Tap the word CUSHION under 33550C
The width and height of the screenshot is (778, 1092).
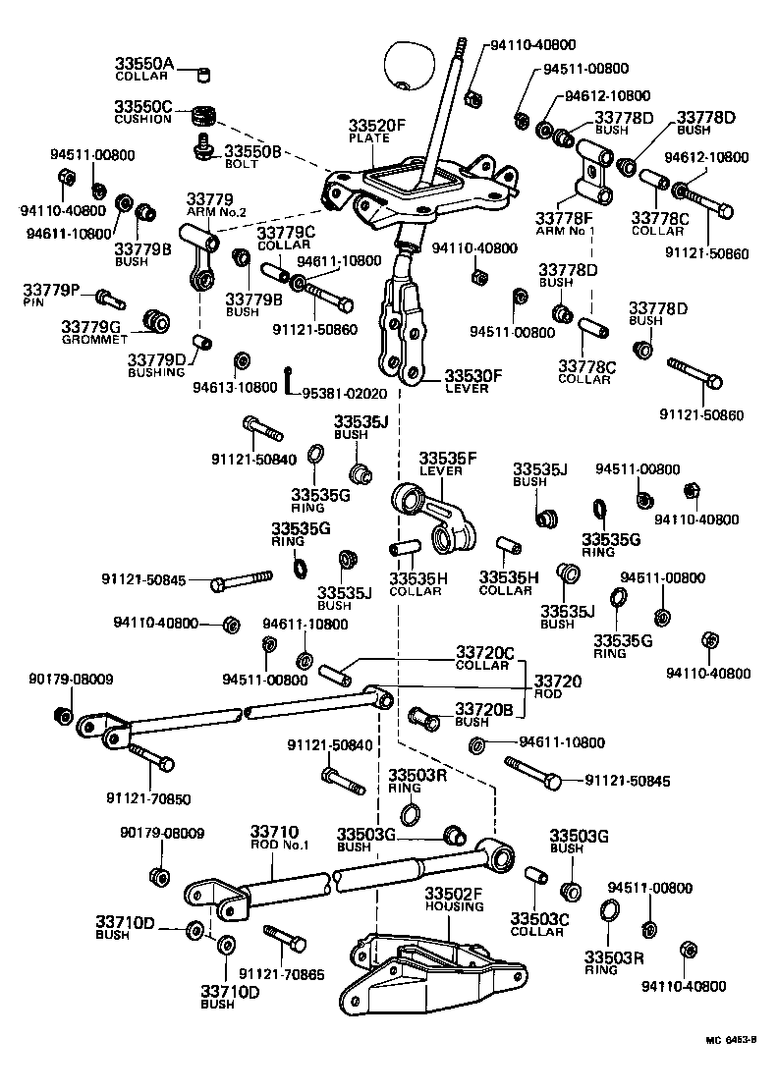pyautogui.click(x=142, y=119)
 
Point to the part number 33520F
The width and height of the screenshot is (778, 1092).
pyautogui.click(x=376, y=127)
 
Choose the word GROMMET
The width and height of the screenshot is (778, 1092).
pyautogui.click(x=94, y=339)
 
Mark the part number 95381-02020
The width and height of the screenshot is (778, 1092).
pyautogui.click(x=347, y=393)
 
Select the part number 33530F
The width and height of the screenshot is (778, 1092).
pyautogui.click(x=472, y=375)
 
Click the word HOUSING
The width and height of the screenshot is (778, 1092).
pyautogui.click(x=454, y=905)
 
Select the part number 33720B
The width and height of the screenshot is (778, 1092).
pyautogui.click(x=484, y=709)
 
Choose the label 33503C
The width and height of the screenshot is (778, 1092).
pyautogui.click(x=538, y=918)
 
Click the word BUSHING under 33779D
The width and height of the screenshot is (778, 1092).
pyautogui.click(x=156, y=372)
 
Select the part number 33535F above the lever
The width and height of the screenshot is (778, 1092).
pyautogui.click(x=448, y=459)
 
